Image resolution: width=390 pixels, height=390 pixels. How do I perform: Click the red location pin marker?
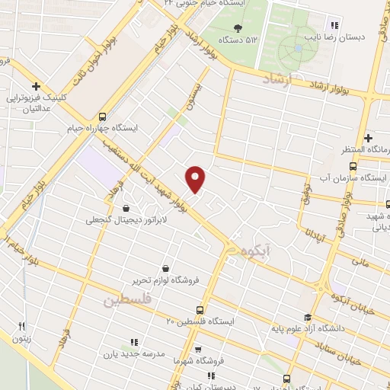(x=196, y=178)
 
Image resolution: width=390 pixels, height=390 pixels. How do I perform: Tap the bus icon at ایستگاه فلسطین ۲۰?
(x=200, y=310)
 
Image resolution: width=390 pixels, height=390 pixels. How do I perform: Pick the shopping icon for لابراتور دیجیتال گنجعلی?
(x=126, y=208)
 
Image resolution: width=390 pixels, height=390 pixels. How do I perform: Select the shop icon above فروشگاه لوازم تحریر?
(x=165, y=267)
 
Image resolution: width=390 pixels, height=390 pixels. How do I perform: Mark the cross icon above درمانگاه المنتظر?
(x=369, y=138)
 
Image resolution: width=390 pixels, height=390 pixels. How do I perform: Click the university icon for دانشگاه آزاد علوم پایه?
(x=307, y=318)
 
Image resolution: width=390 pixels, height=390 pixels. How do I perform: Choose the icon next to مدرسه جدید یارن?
(x=135, y=341)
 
